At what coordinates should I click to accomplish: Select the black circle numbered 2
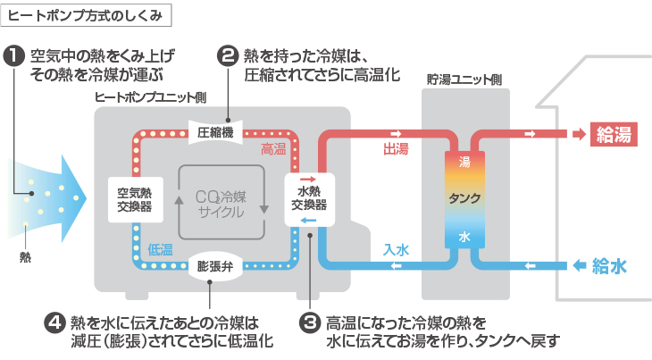(227, 55)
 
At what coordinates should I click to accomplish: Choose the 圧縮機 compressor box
(215, 131)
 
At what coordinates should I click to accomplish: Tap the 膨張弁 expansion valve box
(215, 266)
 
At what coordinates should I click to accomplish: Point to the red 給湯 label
(614, 135)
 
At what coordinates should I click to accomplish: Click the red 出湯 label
(396, 148)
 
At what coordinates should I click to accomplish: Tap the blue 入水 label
(396, 250)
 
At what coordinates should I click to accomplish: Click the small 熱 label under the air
(25, 257)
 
